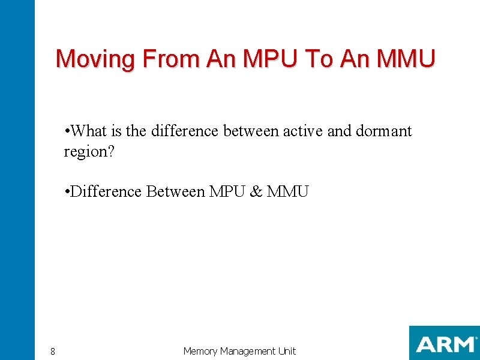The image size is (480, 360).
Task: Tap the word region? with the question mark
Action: click(x=89, y=152)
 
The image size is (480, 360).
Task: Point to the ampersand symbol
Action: click(x=256, y=192)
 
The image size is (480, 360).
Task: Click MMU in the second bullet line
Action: click(x=288, y=192)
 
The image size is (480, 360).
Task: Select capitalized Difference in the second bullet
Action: click(x=106, y=192)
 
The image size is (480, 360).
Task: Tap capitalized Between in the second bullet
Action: click(x=175, y=192)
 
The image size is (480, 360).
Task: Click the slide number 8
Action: click(x=53, y=352)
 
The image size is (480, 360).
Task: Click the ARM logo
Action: click(x=444, y=344)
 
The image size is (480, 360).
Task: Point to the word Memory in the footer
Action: click(x=200, y=351)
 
